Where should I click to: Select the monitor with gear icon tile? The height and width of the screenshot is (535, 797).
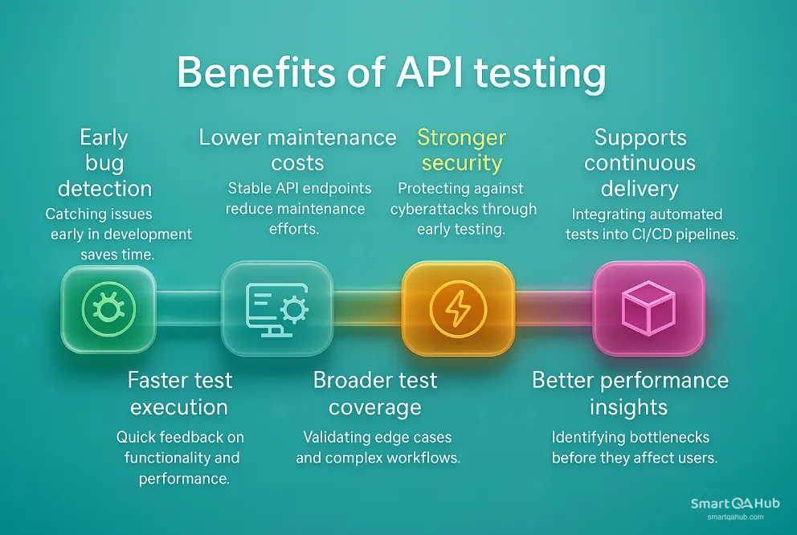[x=276, y=309]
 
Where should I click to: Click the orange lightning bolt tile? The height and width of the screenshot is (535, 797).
[x=457, y=309]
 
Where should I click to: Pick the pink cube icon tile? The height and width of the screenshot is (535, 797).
[x=648, y=308]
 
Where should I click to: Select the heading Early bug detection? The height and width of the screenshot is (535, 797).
[x=104, y=163]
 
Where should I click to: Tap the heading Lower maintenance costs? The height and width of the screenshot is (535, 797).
[x=297, y=150]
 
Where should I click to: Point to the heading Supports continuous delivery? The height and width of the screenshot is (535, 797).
[x=641, y=163]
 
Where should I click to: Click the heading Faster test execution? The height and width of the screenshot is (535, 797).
[x=179, y=393]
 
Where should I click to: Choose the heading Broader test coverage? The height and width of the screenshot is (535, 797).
[x=374, y=393]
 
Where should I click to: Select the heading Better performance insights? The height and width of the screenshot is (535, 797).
[x=630, y=393]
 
